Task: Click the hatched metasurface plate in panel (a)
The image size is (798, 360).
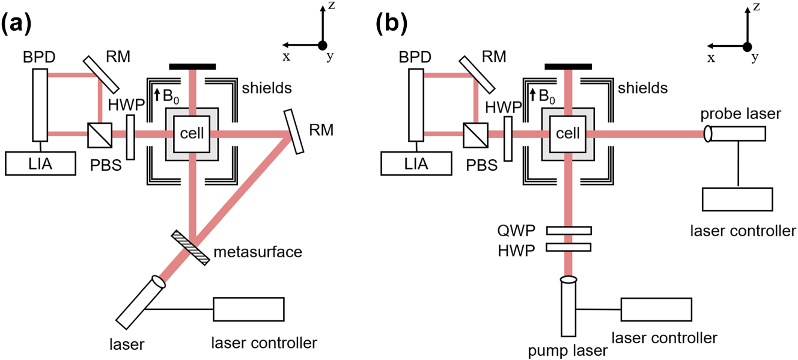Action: coord(193,245)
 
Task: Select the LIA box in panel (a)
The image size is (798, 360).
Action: coord(40,163)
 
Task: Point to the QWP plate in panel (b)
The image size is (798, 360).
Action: coord(568,231)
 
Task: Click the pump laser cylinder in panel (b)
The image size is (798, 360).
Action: coord(569,307)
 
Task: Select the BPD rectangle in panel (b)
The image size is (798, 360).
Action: coord(416,105)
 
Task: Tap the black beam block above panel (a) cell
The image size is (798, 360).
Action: coord(192,66)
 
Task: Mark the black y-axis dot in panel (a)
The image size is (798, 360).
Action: coord(323,45)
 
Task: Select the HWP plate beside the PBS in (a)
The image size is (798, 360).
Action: coord(131,138)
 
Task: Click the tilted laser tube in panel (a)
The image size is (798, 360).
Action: coord(140,299)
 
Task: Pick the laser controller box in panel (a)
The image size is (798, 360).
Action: coord(249,310)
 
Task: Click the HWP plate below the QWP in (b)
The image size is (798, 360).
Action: coord(568,248)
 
